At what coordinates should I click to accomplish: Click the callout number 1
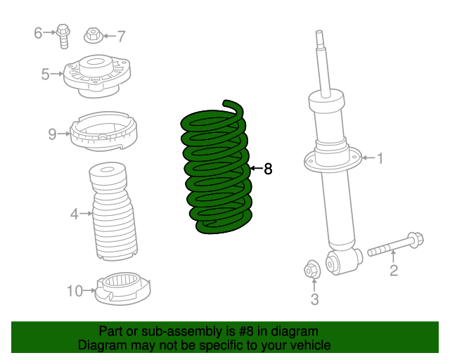click(x=380, y=159)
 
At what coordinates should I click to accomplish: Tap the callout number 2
click(x=394, y=270)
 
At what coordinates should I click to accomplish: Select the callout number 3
click(x=314, y=300)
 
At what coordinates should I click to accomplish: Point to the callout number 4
click(x=75, y=213)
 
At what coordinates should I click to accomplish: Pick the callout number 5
click(x=46, y=74)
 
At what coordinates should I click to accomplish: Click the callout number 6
click(x=39, y=32)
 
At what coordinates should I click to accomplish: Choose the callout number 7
click(x=121, y=35)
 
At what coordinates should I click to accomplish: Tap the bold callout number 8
click(x=267, y=169)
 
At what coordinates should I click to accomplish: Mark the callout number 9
click(x=52, y=134)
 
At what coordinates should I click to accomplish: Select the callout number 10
click(x=75, y=289)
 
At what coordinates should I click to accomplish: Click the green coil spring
click(x=215, y=169)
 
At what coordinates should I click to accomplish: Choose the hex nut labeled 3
click(x=311, y=269)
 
